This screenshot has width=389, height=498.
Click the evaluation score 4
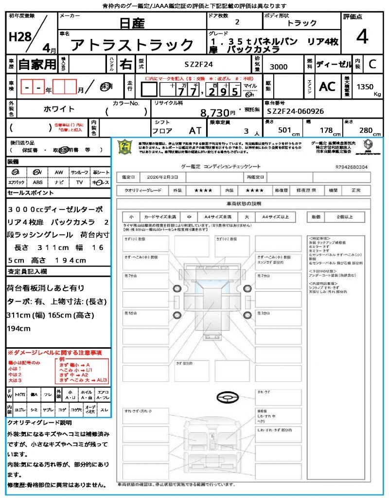[362, 37]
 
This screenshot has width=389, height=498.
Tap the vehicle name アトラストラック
[132, 45]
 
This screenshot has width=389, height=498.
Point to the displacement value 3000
[278, 67]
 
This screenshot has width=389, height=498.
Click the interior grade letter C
[372, 64]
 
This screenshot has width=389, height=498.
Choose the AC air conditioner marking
[327, 87]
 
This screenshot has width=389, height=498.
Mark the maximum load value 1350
[365, 87]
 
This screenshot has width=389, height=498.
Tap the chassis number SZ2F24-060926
[295, 111]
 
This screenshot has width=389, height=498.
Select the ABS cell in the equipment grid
[37, 182]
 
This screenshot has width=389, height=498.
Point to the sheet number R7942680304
[351, 167]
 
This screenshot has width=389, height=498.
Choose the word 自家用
[37, 64]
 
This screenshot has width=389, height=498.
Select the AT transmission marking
[194, 130]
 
